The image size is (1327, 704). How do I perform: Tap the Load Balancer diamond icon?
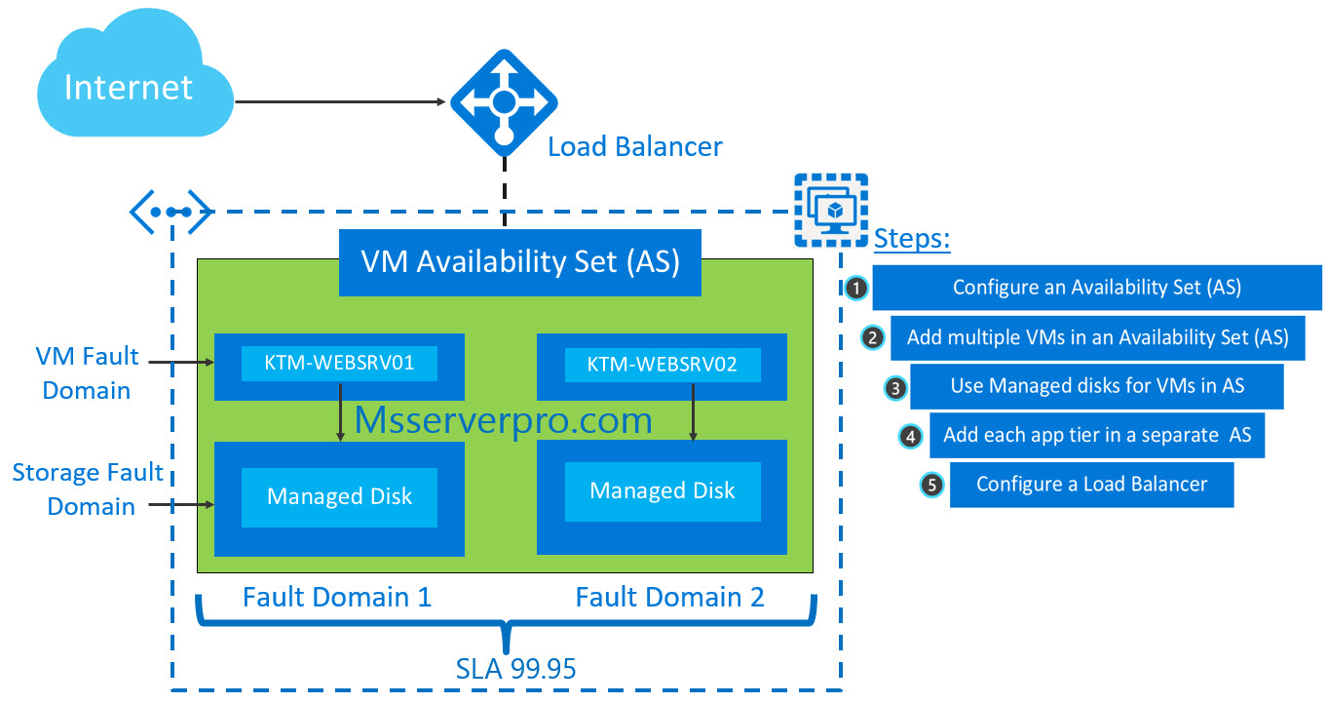503,101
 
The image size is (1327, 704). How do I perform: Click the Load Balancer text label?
634,147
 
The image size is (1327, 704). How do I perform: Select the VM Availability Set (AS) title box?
519,262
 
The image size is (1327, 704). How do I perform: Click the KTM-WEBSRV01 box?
339,365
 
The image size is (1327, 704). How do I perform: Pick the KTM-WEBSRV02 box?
662,366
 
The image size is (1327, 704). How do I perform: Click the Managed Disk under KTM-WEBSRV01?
339,496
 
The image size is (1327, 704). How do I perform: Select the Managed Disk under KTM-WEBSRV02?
662,490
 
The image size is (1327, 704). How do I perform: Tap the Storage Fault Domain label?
88,489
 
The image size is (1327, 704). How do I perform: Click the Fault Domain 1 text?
336,597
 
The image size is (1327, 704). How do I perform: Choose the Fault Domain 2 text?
669,597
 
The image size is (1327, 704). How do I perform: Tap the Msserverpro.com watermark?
503,420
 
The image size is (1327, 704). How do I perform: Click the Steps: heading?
912,239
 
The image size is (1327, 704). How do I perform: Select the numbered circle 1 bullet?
855,288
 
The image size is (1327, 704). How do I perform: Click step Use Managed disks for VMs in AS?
1097,386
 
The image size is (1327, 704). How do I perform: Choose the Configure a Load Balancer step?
1091,485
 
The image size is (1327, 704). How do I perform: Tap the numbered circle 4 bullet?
910,436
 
